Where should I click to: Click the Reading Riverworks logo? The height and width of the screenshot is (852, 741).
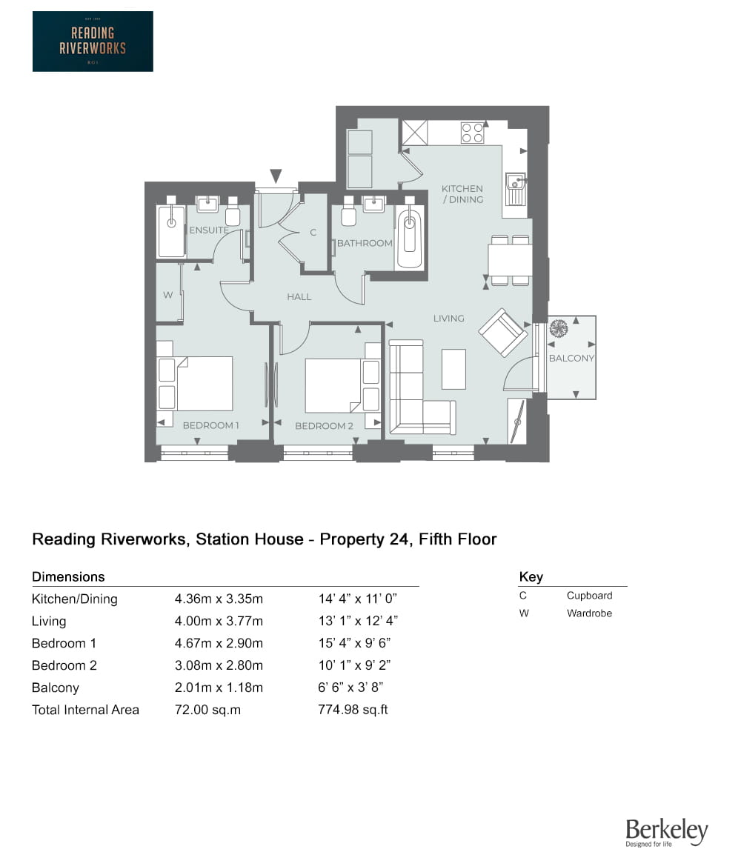[93, 41]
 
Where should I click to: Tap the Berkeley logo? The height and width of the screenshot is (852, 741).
[666, 833]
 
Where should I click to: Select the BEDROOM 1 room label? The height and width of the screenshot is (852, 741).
[211, 425]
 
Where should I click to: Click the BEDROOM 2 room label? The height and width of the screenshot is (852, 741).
[324, 426]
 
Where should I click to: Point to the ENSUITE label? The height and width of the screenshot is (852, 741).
[209, 230]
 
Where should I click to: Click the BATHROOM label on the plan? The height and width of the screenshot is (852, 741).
[365, 243]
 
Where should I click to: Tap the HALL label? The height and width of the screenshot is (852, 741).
[299, 296]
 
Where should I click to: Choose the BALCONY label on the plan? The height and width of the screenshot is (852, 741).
[571, 359]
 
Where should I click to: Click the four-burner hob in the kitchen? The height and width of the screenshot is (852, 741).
[473, 133]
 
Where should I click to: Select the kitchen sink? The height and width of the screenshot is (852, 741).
[516, 184]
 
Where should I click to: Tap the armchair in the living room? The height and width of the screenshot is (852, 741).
[503, 333]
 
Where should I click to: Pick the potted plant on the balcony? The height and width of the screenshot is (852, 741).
[558, 328]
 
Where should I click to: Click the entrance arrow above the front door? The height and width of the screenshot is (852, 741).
[276, 176]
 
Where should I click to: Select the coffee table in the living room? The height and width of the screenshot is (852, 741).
[453, 368]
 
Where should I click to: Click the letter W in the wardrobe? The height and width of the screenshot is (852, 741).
[168, 295]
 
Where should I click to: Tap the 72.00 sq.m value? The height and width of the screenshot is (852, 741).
[208, 710]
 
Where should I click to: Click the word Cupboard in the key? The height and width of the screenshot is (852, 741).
[589, 596]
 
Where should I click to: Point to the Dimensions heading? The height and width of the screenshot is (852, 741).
[68, 576]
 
